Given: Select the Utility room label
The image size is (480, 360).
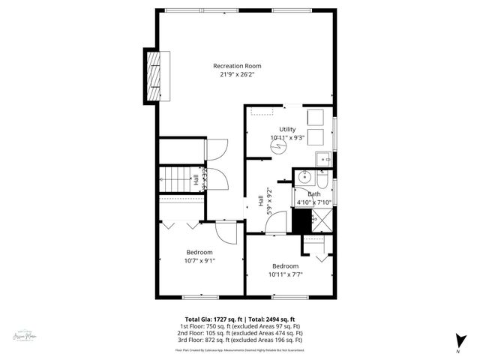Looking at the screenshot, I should (x=288, y=130).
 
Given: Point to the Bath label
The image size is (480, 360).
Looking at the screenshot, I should (x=313, y=193).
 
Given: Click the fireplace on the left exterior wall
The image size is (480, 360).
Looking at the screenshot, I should (x=153, y=74).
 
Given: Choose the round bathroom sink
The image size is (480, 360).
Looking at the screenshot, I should (x=304, y=178).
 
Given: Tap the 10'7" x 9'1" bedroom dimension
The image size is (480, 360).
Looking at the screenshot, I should (x=199, y=261).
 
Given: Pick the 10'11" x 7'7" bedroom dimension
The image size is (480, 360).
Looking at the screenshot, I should (x=285, y=274).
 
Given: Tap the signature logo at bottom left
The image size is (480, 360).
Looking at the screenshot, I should (x=27, y=339).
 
